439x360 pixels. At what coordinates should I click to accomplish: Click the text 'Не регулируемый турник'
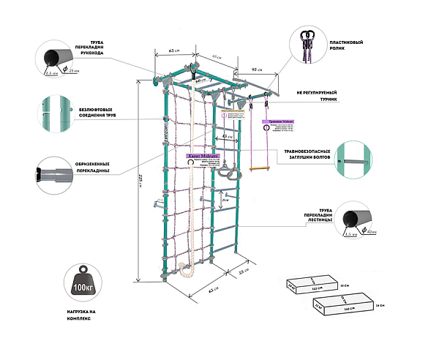tap(315, 97)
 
